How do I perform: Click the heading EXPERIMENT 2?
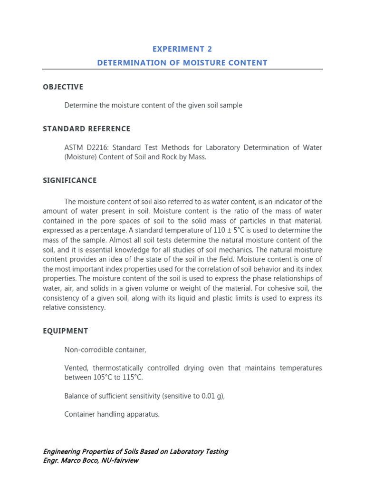pos(182,49)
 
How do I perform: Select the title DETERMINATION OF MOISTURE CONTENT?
pos(182,63)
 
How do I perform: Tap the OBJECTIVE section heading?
pos(63,87)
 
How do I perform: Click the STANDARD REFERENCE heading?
pos(86,129)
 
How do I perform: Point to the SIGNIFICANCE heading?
pos(70,180)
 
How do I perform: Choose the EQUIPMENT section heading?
pos(66,331)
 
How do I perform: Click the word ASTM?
pos(74,147)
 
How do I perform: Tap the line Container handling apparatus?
pos(112,414)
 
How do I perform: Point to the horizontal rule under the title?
pos(182,69)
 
